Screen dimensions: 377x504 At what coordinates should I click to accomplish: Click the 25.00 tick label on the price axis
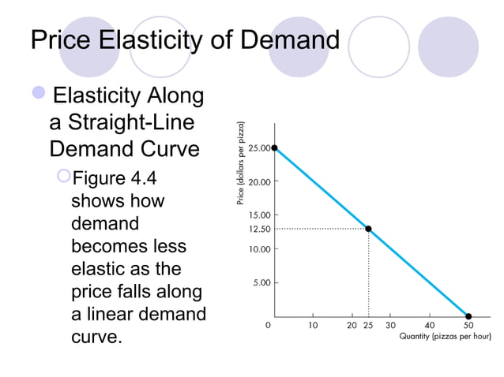point(259,147)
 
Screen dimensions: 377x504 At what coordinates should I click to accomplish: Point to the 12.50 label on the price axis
point(259,229)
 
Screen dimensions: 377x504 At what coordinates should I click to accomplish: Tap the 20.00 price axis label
point(259,181)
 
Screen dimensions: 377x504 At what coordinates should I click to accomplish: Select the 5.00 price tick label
point(262,282)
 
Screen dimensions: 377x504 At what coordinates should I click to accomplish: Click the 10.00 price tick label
point(259,248)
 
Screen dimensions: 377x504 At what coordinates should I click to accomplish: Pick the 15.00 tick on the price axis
point(259,215)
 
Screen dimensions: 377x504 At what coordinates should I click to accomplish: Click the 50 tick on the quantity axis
point(468,324)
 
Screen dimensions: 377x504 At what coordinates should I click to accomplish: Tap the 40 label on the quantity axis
point(430,324)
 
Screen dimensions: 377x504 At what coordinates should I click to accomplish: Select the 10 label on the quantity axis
point(313,324)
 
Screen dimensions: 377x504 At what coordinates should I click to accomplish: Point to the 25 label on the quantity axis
point(368,324)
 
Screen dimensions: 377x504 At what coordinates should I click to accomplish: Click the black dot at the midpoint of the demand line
point(368,229)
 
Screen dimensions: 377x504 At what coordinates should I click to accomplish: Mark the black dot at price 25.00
point(274,147)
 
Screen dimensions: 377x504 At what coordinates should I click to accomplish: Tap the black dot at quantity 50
point(468,315)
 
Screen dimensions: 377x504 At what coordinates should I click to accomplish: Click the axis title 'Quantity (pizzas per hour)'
point(445,337)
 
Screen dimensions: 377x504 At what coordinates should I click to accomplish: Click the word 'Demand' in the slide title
point(289,39)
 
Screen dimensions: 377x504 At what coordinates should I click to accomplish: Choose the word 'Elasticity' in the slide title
point(153,39)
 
